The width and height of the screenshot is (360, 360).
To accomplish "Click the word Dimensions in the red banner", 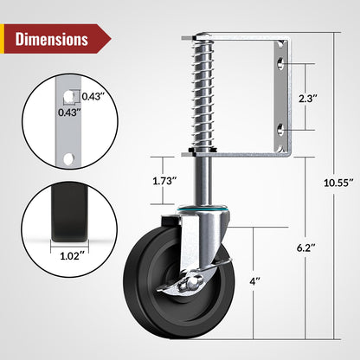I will pyautogui.click(x=51, y=39).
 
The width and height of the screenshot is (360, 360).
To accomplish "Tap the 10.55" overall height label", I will pyautogui.click(x=336, y=183).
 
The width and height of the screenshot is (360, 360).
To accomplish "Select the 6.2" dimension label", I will pyautogui.click(x=305, y=246).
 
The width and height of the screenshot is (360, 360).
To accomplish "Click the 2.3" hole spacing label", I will pyautogui.click(x=305, y=97).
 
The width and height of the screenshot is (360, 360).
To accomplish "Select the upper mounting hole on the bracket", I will pyautogui.click(x=280, y=63).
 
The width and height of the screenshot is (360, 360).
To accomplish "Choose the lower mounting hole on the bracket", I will pyautogui.click(x=280, y=130).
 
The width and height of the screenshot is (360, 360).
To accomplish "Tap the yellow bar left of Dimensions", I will pyautogui.click(x=7, y=39).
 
